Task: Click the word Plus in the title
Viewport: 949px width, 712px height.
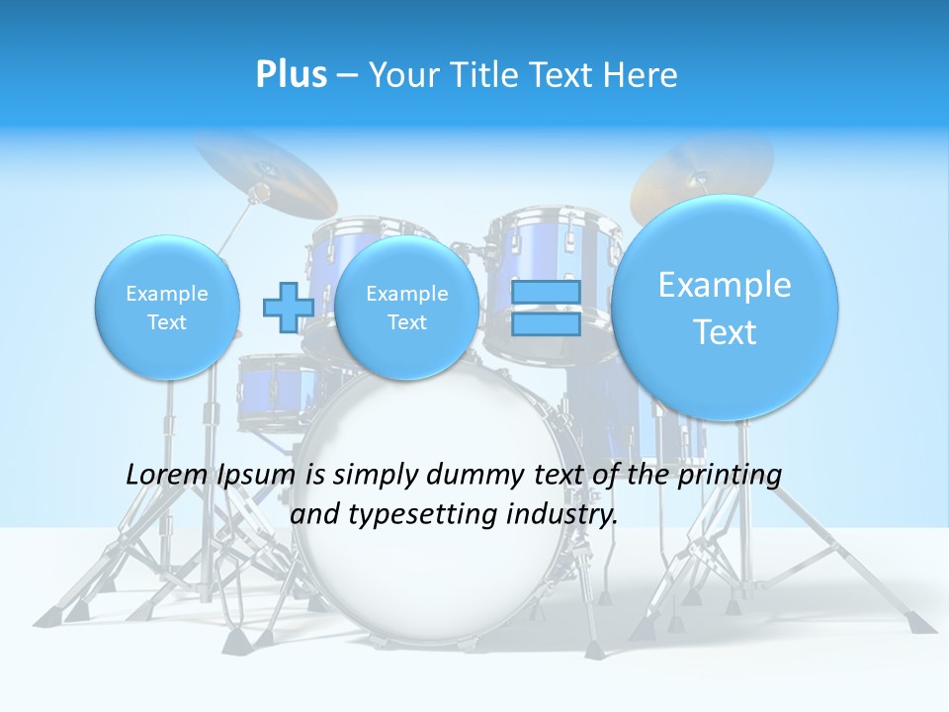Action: (291, 75)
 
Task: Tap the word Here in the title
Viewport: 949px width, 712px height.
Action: (642, 75)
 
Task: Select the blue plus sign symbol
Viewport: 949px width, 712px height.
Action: (288, 307)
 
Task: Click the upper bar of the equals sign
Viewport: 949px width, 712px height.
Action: (546, 292)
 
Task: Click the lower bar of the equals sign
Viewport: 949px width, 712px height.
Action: (546, 323)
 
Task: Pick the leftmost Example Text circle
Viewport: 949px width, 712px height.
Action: (167, 307)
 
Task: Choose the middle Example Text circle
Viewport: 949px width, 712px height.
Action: (406, 307)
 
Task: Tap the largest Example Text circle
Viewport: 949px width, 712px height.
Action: (725, 308)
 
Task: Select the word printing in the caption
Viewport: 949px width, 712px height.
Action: (732, 475)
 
